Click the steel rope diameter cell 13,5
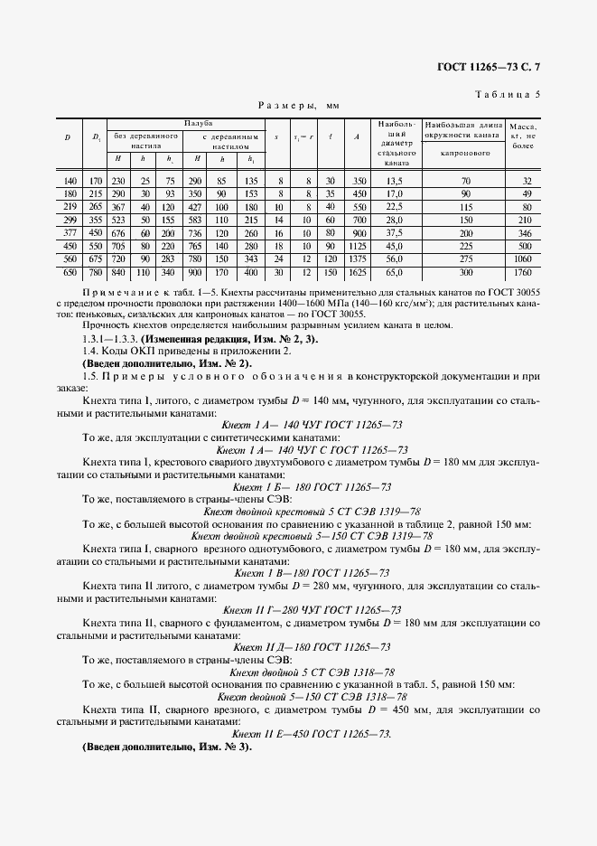(x=394, y=181)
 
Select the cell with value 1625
(x=359, y=271)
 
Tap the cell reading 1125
(x=359, y=246)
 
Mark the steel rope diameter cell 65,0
(x=394, y=271)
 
